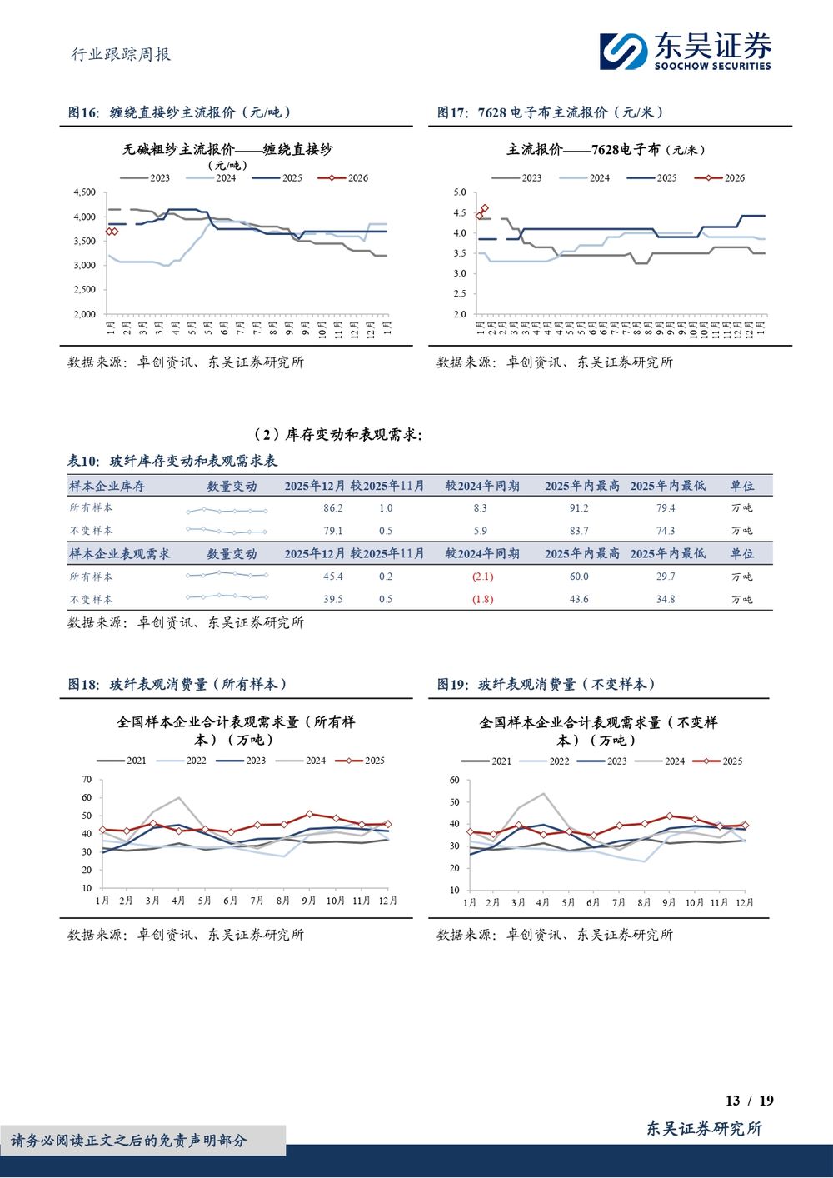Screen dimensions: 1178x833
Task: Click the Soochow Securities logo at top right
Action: [x=686, y=52]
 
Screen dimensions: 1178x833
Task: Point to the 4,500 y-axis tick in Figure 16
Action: [x=84, y=192]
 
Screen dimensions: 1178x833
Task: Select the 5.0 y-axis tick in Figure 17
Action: [x=459, y=192]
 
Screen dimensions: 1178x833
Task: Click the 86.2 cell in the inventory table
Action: [x=332, y=507]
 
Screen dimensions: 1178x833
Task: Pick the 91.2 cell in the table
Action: [x=579, y=507]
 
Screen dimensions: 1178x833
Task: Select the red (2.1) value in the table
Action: [x=482, y=577]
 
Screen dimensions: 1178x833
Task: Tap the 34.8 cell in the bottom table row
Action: [x=665, y=599]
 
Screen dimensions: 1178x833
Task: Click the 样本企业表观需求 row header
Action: [x=120, y=553]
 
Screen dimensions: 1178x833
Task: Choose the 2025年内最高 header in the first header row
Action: [x=582, y=486]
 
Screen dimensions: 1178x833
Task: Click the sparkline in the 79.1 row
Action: [x=227, y=531]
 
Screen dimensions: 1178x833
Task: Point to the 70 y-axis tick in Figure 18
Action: [x=87, y=780]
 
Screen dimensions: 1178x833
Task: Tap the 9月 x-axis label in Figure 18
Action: [x=308, y=901]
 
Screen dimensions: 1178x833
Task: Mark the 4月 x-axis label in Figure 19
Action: [x=542, y=902]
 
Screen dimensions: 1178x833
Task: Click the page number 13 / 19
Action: [x=749, y=1101]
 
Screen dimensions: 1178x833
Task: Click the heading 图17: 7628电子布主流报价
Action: [x=550, y=112]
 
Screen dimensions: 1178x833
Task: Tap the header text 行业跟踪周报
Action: [x=121, y=54]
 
